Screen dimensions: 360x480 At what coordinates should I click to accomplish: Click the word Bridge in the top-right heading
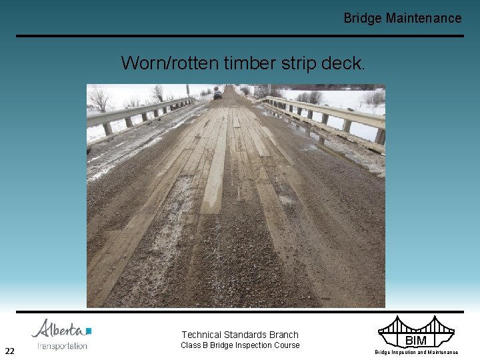(x=363, y=19)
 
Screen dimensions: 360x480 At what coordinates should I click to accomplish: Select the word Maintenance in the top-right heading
(x=423, y=19)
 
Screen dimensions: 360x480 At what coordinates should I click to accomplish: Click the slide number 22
(x=10, y=351)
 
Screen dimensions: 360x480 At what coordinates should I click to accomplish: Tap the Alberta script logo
(x=58, y=329)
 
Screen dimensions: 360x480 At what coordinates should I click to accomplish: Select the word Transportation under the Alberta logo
(x=62, y=346)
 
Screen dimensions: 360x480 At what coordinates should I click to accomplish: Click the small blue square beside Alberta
(x=89, y=331)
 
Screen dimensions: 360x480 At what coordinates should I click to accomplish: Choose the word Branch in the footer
(x=284, y=335)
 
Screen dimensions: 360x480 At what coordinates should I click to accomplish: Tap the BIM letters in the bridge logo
(x=416, y=341)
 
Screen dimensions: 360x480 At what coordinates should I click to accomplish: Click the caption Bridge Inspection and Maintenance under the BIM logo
(x=416, y=352)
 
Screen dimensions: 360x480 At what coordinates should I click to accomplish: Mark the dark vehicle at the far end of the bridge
(x=218, y=95)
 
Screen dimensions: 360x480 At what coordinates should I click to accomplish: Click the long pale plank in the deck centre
(x=215, y=167)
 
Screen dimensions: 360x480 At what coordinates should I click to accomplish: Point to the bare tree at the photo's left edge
(x=100, y=99)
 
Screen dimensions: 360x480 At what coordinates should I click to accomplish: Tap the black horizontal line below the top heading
(x=240, y=36)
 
